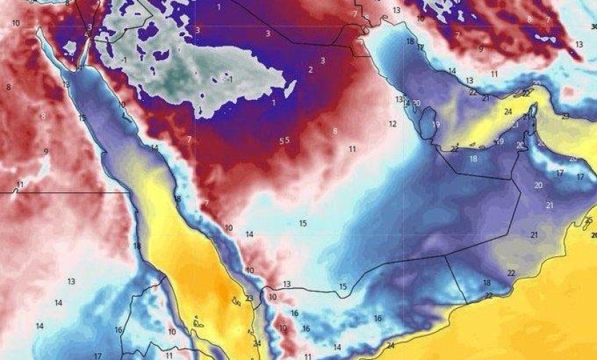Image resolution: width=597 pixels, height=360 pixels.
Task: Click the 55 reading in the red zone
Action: click(284, 140)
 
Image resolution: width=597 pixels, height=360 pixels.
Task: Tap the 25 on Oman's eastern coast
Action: click(589, 220)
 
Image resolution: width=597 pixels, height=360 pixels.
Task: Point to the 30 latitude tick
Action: click(593, 27)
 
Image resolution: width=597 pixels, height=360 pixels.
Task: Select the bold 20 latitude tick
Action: click(593, 235)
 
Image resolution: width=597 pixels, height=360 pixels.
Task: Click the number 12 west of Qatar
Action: click(392, 124)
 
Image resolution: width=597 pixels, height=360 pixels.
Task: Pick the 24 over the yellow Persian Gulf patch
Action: click(508, 112)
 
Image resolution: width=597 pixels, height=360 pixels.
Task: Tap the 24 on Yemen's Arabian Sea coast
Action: click(390, 346)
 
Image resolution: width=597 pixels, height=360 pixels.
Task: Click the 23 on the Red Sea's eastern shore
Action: click(249, 298)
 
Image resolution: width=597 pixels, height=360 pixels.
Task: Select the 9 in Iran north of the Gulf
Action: click(480, 49)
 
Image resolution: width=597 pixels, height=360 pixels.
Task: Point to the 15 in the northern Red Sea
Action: click(82, 117)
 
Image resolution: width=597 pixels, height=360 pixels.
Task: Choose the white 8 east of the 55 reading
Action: click(335, 131)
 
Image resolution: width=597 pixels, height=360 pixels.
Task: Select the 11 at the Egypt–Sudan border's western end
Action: click(20, 184)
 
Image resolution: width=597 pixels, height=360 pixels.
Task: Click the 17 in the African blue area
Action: click(97, 356)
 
